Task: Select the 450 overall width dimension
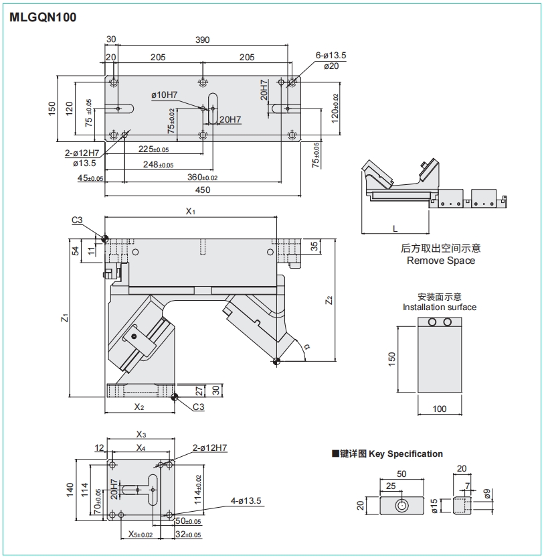click(x=203, y=190)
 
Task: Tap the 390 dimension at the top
click(x=202, y=40)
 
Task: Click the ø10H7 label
click(x=164, y=95)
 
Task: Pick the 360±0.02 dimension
click(x=203, y=178)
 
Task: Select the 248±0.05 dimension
click(x=157, y=164)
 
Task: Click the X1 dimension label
click(x=190, y=212)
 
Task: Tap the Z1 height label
click(x=64, y=318)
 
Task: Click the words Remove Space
click(x=441, y=261)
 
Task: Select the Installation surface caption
click(x=440, y=307)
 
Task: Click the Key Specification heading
click(x=405, y=454)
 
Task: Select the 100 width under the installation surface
click(x=440, y=409)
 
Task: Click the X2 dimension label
click(x=139, y=407)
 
